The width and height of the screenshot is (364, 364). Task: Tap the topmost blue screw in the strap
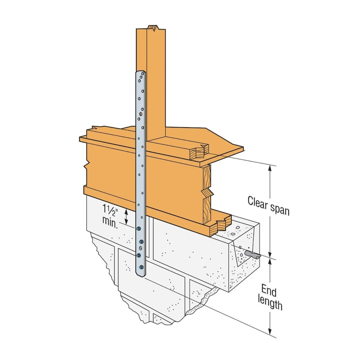(138, 229)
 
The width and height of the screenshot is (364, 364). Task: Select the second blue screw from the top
(142, 242)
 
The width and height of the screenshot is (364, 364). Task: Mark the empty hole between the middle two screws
(140, 248)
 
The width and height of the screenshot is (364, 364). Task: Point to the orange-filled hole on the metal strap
(141, 114)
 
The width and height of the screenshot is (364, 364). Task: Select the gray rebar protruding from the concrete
(253, 255)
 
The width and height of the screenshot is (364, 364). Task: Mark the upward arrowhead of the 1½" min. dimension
(126, 211)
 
